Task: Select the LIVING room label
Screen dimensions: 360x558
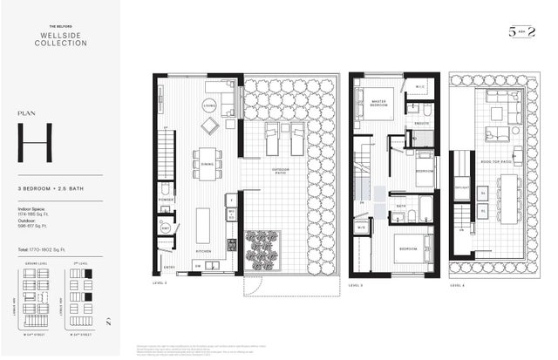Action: [209, 105]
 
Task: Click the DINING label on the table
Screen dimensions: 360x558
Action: [208, 163]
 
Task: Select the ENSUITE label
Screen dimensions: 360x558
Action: [422, 124]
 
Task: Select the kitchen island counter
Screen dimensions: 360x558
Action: [203, 225]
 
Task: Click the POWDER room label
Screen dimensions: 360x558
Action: [166, 199]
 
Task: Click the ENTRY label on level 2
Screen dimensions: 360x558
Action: [169, 267]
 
